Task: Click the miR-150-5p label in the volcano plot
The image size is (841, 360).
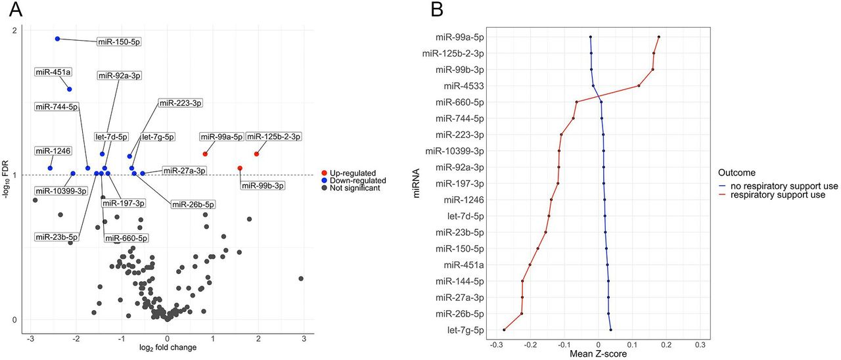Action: point(119,42)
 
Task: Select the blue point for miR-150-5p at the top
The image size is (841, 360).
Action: point(58,39)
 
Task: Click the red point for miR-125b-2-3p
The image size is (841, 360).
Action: point(256,154)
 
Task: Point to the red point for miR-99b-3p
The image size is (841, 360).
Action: point(240,168)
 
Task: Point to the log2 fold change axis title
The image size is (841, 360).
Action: point(168,347)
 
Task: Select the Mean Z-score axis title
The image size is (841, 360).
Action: point(599,354)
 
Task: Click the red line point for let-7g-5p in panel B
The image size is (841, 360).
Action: point(504,330)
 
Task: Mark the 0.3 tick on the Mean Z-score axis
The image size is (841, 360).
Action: point(700,344)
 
